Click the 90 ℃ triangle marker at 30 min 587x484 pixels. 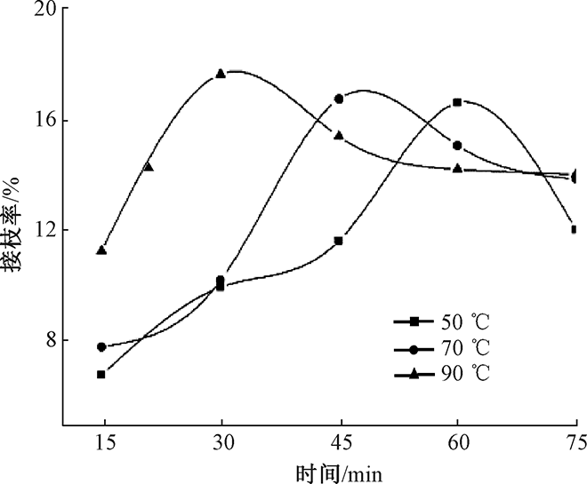221,73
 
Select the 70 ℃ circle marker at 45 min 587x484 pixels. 339,99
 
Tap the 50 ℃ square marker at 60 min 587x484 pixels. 457,102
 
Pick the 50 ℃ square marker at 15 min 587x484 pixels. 101,374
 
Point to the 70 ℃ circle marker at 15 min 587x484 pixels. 101,346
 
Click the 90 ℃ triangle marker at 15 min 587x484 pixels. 101,250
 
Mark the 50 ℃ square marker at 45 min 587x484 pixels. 339,241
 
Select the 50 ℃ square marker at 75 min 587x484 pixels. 575,229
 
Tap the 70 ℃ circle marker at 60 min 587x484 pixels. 457,145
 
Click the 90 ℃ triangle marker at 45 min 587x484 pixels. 339,135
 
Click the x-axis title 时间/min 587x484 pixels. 340,471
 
